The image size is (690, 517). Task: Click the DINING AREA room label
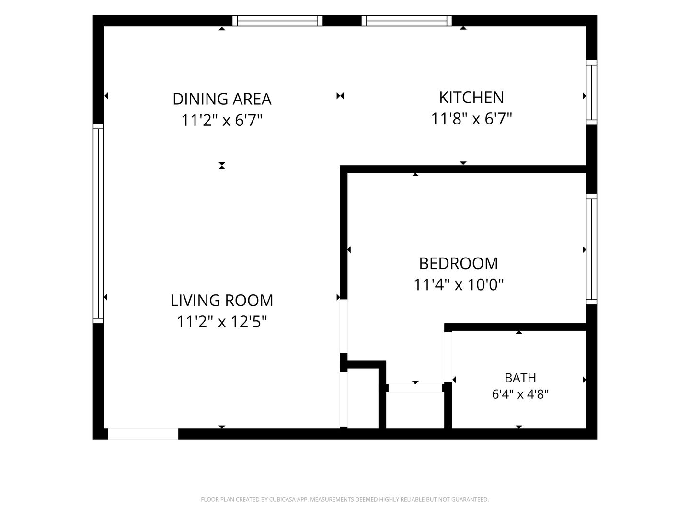pyautogui.click(x=222, y=99)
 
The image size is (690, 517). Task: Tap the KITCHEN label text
pyautogui.click(x=471, y=98)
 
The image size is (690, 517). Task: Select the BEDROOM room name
pyautogui.click(x=459, y=263)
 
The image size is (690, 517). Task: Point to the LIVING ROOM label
pyautogui.click(x=222, y=301)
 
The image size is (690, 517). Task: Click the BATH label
pyautogui.click(x=520, y=378)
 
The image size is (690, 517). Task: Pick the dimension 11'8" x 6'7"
pyautogui.click(x=471, y=119)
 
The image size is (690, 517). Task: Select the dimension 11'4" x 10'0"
pyautogui.click(x=459, y=285)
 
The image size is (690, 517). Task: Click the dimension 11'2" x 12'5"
pyautogui.click(x=222, y=322)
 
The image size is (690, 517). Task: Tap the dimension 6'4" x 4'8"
pyautogui.click(x=520, y=394)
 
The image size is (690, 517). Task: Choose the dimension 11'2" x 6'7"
pyautogui.click(x=222, y=120)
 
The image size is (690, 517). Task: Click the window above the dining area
pyautogui.click(x=277, y=21)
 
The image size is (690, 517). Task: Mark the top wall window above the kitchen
pyautogui.click(x=407, y=21)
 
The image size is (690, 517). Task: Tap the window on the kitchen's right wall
pyautogui.click(x=591, y=92)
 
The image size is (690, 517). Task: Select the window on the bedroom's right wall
pyautogui.click(x=591, y=249)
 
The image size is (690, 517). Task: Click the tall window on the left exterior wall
pyautogui.click(x=98, y=224)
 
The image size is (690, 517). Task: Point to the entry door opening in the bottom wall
pyautogui.click(x=143, y=434)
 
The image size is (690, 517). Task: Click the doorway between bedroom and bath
pyautogui.click(x=448, y=357)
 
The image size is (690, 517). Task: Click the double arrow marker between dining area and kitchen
pyautogui.click(x=340, y=96)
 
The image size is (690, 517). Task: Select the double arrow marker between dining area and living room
pyautogui.click(x=222, y=166)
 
